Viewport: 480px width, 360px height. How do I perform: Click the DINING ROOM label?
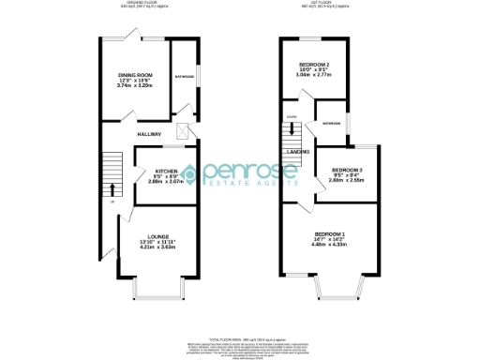point(135,75)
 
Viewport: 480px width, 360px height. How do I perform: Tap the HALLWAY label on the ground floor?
point(151,135)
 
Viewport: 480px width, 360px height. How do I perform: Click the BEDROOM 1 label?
point(330,232)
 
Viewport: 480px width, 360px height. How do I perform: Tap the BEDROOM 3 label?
point(347,170)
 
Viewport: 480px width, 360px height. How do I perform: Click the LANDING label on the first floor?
point(299,150)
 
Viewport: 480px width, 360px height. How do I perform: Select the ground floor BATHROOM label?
point(184,76)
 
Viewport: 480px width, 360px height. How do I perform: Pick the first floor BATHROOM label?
point(332,123)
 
